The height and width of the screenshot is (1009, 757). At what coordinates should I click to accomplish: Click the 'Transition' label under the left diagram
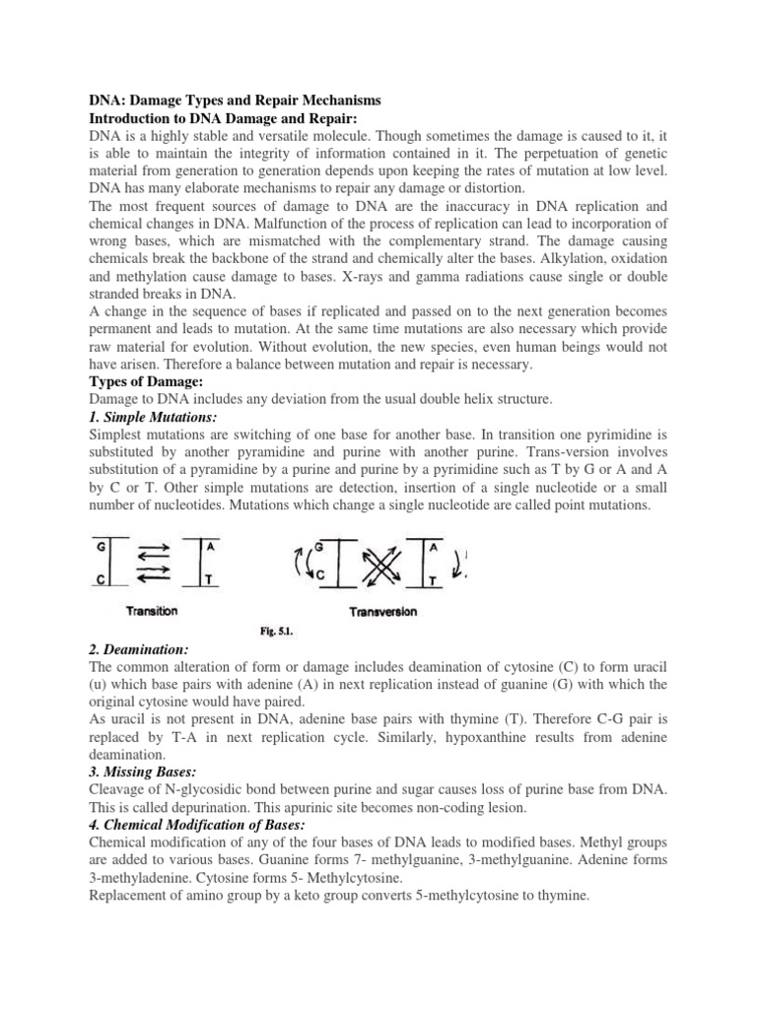click(x=153, y=611)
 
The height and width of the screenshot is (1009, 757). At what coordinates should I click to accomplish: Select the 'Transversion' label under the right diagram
click(x=383, y=611)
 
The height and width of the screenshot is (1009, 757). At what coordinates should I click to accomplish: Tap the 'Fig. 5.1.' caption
click(x=273, y=632)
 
